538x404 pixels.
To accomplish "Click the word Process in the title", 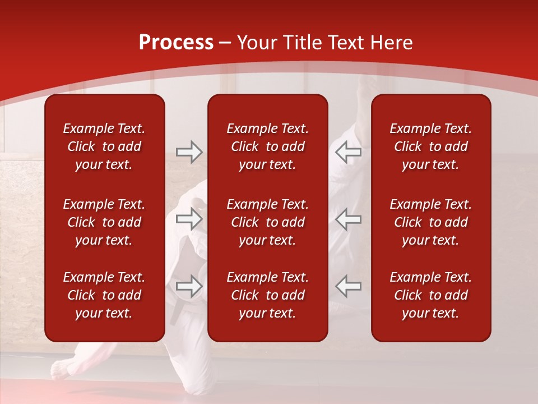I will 176,43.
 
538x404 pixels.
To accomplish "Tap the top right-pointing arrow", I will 189,151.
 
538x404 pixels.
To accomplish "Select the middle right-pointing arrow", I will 189,219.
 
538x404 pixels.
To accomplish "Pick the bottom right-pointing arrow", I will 189,286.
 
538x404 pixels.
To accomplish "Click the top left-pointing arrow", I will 348,151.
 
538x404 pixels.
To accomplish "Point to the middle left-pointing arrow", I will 348,219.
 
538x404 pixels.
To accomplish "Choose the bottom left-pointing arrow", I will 348,286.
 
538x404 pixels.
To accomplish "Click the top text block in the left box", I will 104,146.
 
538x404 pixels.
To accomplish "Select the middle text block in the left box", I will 104,222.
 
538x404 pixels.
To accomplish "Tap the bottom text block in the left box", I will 104,295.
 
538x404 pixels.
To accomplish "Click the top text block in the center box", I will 267,146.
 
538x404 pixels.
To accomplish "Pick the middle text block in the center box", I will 267,222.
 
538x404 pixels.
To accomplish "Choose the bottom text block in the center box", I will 267,295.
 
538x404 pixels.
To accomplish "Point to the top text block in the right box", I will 430,146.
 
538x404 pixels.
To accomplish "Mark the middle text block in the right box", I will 430,222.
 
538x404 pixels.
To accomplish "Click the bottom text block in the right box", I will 430,295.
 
